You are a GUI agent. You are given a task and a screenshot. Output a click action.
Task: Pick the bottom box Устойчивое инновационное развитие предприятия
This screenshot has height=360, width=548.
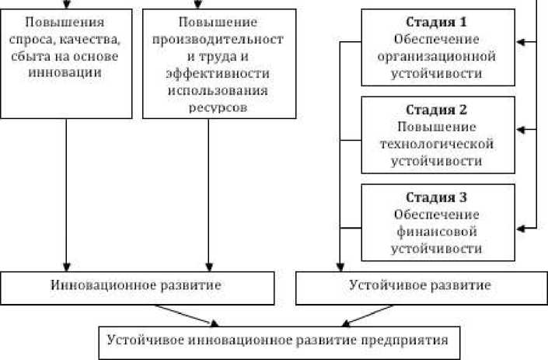point(277,340)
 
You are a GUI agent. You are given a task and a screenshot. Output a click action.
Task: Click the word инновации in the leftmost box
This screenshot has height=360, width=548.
point(64,73)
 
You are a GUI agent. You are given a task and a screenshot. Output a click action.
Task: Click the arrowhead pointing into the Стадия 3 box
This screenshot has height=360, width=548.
point(521,227)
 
